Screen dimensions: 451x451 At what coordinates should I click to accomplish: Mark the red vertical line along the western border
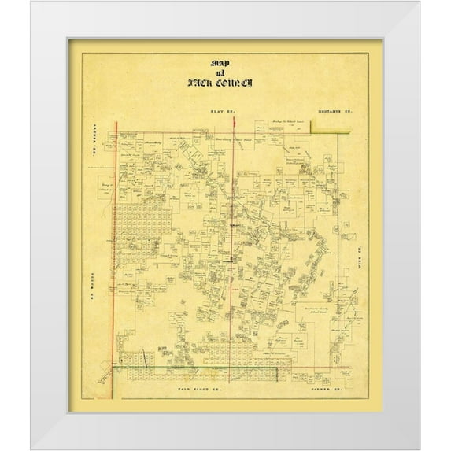point(116,236)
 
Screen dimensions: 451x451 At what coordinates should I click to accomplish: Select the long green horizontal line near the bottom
point(228,366)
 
